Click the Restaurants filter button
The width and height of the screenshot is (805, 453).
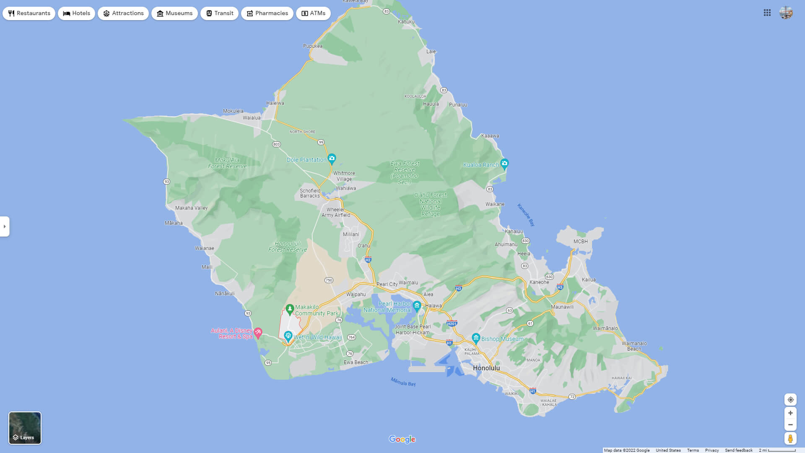[29, 13]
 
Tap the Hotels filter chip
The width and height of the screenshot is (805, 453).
[77, 13]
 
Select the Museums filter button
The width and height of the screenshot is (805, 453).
[174, 13]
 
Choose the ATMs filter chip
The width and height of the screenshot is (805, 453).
[313, 13]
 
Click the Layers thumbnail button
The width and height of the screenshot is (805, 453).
[25, 428]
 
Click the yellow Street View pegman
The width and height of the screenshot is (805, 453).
[790, 439]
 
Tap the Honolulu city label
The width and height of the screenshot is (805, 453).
[486, 368]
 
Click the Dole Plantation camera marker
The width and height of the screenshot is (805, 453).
[332, 159]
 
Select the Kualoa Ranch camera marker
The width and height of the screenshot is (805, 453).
[504, 163]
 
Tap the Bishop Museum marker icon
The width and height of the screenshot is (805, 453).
[476, 338]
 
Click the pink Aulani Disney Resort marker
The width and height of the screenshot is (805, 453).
[258, 333]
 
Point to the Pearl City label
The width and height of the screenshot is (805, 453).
[387, 284]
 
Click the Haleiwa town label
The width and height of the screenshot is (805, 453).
[275, 103]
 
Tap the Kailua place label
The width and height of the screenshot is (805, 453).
[589, 280]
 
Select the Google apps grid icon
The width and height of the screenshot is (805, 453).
[767, 13]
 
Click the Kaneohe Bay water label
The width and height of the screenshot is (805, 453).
[526, 215]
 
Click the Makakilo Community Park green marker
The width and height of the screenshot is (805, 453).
[289, 309]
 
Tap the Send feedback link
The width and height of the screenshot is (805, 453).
[739, 450]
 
